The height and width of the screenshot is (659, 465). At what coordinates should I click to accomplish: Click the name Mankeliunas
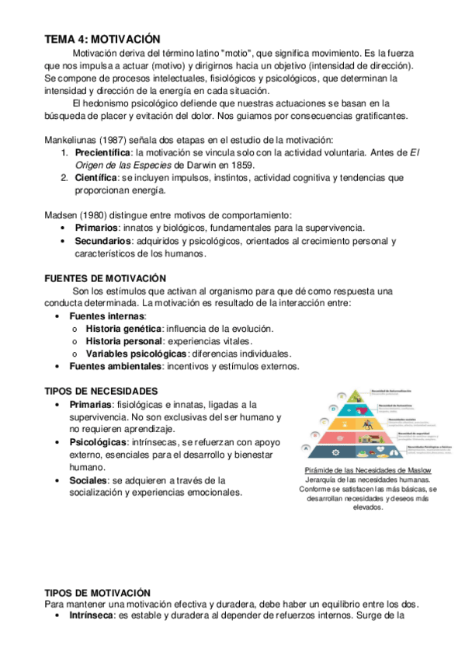pos(74,140)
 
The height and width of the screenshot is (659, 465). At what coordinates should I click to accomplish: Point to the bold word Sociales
pos(88,479)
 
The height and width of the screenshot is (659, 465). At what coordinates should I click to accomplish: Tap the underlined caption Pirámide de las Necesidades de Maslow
pos(368,471)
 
